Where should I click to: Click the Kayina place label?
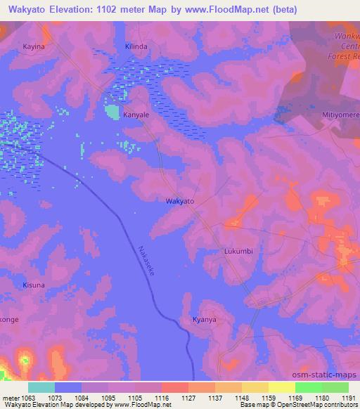pos(33,45)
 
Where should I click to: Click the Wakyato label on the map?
pos(179,201)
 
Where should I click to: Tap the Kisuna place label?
pos(33,286)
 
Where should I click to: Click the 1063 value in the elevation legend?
pos(27,398)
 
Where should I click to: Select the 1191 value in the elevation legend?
pos(349,398)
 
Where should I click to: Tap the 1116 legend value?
pos(161,398)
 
